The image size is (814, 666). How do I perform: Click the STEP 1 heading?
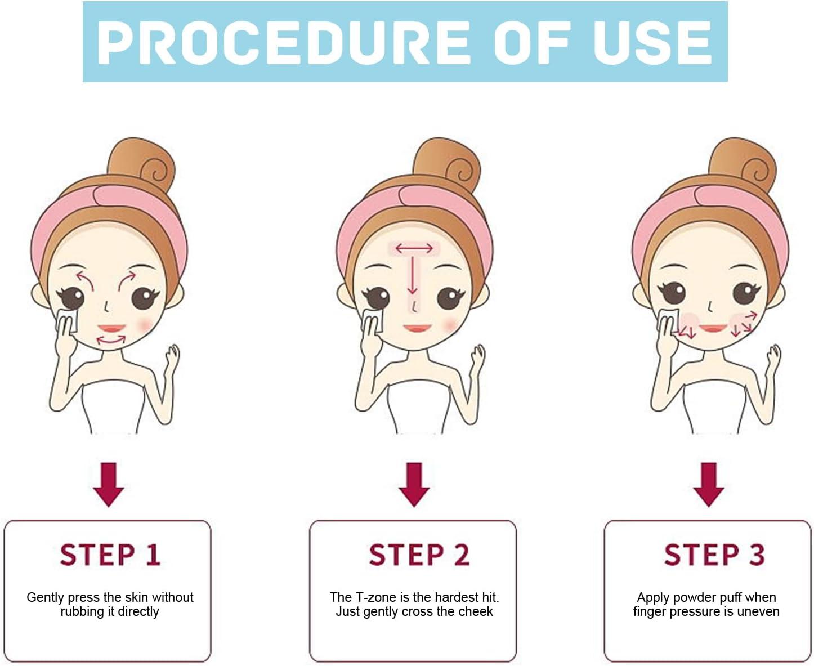coord(110,555)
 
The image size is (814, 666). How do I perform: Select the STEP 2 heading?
coord(419,555)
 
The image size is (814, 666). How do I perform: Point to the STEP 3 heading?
coord(714,555)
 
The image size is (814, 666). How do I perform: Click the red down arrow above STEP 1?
coord(109,484)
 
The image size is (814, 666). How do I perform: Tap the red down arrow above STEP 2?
coord(414,484)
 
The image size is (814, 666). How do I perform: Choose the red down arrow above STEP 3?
coord(708,484)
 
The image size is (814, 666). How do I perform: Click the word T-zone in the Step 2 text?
coord(375,597)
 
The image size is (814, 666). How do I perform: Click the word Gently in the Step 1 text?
coord(45,597)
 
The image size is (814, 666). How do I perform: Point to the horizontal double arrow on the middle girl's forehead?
coord(414,248)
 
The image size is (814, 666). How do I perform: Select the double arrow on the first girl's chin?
coord(111,340)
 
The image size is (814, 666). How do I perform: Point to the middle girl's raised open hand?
coord(477,360)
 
